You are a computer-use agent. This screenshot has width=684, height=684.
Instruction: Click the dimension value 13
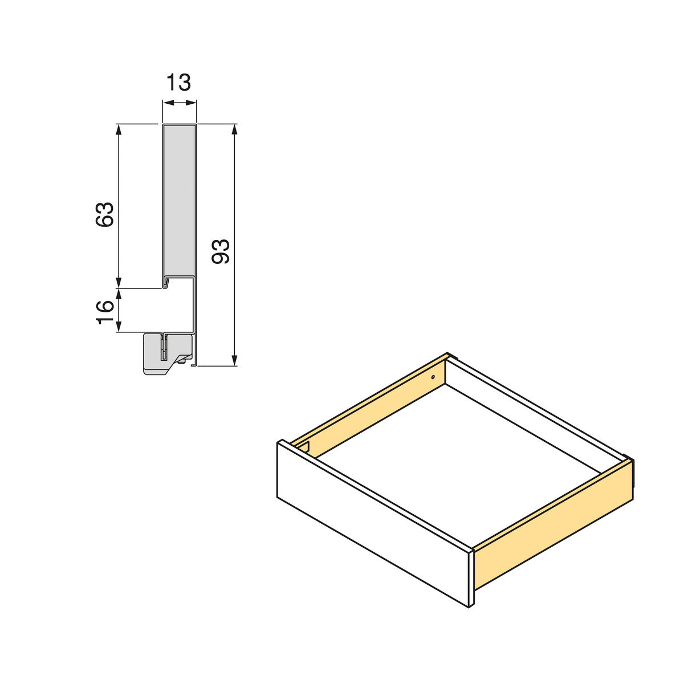point(179,82)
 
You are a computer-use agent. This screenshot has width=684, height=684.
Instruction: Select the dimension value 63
point(105,215)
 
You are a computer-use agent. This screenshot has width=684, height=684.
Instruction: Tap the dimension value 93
point(221,251)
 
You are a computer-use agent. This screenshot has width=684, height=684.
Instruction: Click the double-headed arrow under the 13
point(180,103)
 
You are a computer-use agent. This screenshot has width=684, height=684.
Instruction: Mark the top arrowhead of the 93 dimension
point(234,129)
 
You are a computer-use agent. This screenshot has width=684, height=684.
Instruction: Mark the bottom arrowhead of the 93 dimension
point(234,360)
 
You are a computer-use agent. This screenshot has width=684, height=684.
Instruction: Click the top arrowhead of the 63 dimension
point(119,129)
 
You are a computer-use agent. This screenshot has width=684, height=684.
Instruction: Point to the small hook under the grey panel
point(166,282)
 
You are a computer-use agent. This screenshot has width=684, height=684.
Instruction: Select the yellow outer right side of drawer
point(553,524)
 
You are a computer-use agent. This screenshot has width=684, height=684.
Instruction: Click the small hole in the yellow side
point(433,377)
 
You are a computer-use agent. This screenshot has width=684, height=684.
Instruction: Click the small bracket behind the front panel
point(304,446)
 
